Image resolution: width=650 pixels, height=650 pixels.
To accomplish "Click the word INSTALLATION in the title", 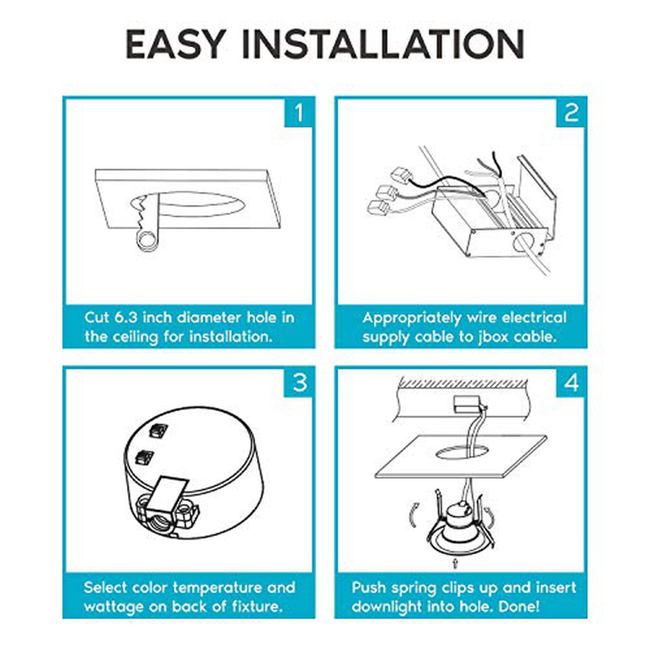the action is coord(382,45).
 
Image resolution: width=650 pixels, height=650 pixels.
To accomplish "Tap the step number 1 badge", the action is coord(299,113).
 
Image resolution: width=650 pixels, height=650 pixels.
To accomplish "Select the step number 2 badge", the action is coord(571,113).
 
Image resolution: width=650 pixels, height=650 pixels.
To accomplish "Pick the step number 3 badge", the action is coord(299,383).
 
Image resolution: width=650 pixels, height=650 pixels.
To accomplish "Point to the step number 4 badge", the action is coord(571,383).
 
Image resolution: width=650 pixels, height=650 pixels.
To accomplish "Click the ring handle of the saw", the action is coord(147,241).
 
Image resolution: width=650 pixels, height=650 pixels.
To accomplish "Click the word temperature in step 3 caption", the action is coord(218,588).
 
